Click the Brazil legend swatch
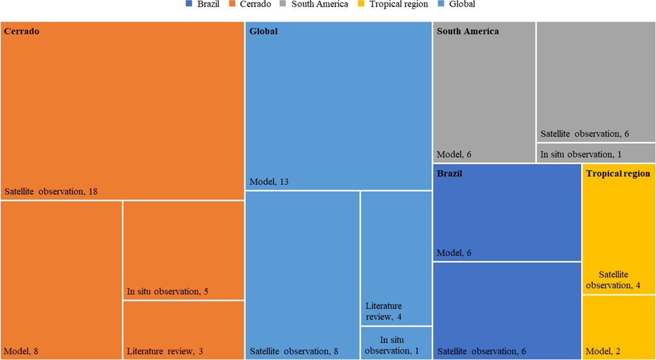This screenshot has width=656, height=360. [x=189, y=5]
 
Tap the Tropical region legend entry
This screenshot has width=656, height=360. [x=398, y=5]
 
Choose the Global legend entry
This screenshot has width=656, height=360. [x=462, y=5]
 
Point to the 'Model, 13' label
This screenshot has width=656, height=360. [x=269, y=182]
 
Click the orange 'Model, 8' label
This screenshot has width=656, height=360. [x=21, y=352]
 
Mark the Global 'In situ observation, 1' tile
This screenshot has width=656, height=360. [x=395, y=342]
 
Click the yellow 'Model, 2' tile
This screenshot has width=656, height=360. [x=618, y=327]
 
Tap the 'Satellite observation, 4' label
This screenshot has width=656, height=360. [x=615, y=280]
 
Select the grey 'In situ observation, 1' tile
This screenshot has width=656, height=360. [x=595, y=153]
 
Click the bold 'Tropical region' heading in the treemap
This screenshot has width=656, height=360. [x=618, y=174]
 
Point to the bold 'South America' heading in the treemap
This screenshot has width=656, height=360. [x=468, y=31]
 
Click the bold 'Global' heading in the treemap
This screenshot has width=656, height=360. [x=264, y=31]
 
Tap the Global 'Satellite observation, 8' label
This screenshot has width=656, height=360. [x=294, y=352]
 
